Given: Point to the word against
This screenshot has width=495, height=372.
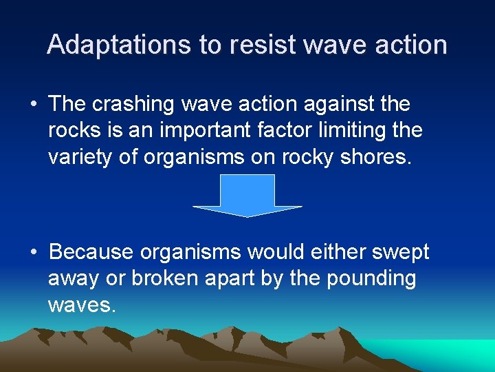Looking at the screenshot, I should [x=333, y=105].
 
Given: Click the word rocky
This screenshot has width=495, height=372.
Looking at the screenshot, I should [x=313, y=157].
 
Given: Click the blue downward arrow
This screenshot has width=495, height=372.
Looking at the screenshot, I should [x=247, y=196].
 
